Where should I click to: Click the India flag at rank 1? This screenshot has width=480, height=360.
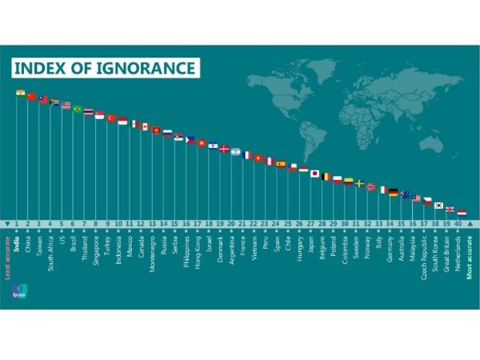(21, 94)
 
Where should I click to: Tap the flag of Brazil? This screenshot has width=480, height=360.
(78, 109)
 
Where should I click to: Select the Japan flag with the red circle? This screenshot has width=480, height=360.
(315, 172)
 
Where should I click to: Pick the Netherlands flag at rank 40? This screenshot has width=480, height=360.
(462, 212)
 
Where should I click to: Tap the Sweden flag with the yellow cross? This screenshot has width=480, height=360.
(360, 184)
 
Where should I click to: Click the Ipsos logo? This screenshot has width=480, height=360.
(20, 293)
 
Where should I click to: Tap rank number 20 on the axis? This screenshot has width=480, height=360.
(231, 223)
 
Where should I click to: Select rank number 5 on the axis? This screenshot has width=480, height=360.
(62, 223)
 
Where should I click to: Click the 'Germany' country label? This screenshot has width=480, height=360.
(389, 250)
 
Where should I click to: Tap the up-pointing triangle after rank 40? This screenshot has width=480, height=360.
(471, 223)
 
